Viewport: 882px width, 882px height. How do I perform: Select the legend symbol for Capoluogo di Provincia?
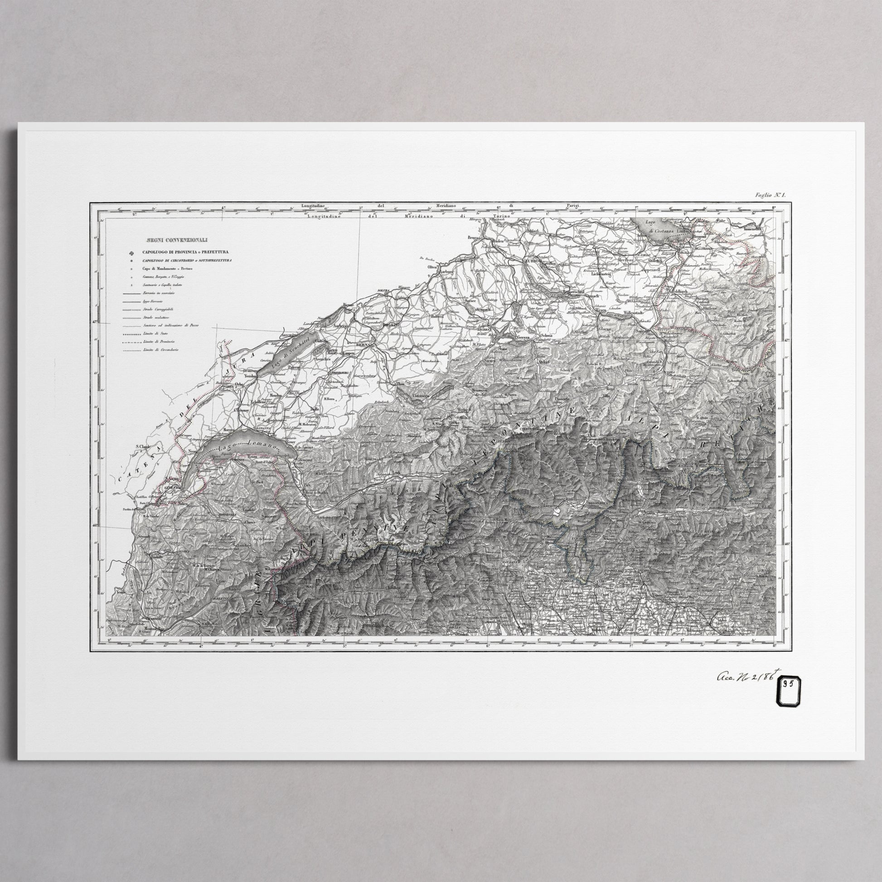[x=132, y=252]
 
